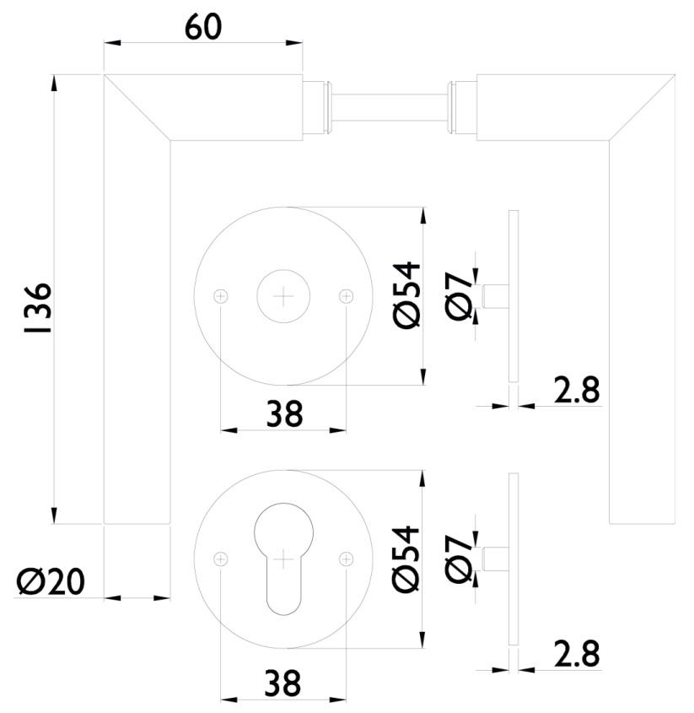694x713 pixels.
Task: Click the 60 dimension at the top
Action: (202, 28)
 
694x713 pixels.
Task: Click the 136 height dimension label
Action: (36, 307)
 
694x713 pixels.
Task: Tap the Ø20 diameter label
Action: (50, 581)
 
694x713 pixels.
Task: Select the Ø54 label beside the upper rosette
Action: (406, 294)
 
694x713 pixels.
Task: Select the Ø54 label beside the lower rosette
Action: (406, 559)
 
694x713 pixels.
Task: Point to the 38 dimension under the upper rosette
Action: (283, 413)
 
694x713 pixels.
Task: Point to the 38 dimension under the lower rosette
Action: (283, 683)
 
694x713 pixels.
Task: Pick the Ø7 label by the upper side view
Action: (460, 295)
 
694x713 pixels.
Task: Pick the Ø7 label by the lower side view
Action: (460, 559)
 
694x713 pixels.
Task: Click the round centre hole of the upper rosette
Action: (283, 295)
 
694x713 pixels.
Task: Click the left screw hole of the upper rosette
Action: (221, 295)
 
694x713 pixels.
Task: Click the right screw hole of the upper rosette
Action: (346, 295)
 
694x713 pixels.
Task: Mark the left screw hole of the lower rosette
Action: (221, 559)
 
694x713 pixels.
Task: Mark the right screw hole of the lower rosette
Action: (346, 559)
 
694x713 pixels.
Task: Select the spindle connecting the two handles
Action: (389, 107)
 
